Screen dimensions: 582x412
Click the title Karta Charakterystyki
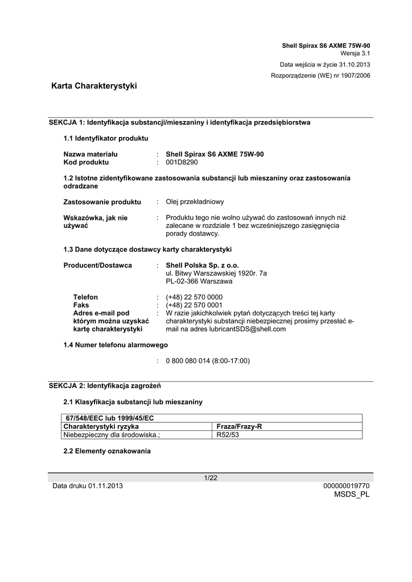point(94,86)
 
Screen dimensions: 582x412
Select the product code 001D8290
point(182,163)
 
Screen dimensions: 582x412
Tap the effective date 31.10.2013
point(354,64)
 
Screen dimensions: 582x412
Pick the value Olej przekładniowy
point(195,202)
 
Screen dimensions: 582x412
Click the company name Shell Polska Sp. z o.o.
point(202,265)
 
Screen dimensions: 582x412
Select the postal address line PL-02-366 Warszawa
point(199,281)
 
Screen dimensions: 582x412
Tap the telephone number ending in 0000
point(194,297)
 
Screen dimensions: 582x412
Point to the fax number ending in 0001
point(194,305)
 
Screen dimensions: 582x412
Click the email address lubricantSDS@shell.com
point(249,329)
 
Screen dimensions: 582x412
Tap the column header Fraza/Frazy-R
point(240,426)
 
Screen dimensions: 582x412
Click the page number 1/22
point(211,478)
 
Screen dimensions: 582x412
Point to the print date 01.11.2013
point(105,486)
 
